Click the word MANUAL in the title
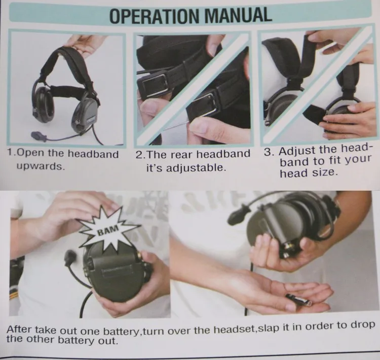[x=238, y=15]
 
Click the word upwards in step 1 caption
[x=41, y=166]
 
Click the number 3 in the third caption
[x=268, y=152]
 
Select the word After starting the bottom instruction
[x=19, y=330]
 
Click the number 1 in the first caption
[x=10, y=153]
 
